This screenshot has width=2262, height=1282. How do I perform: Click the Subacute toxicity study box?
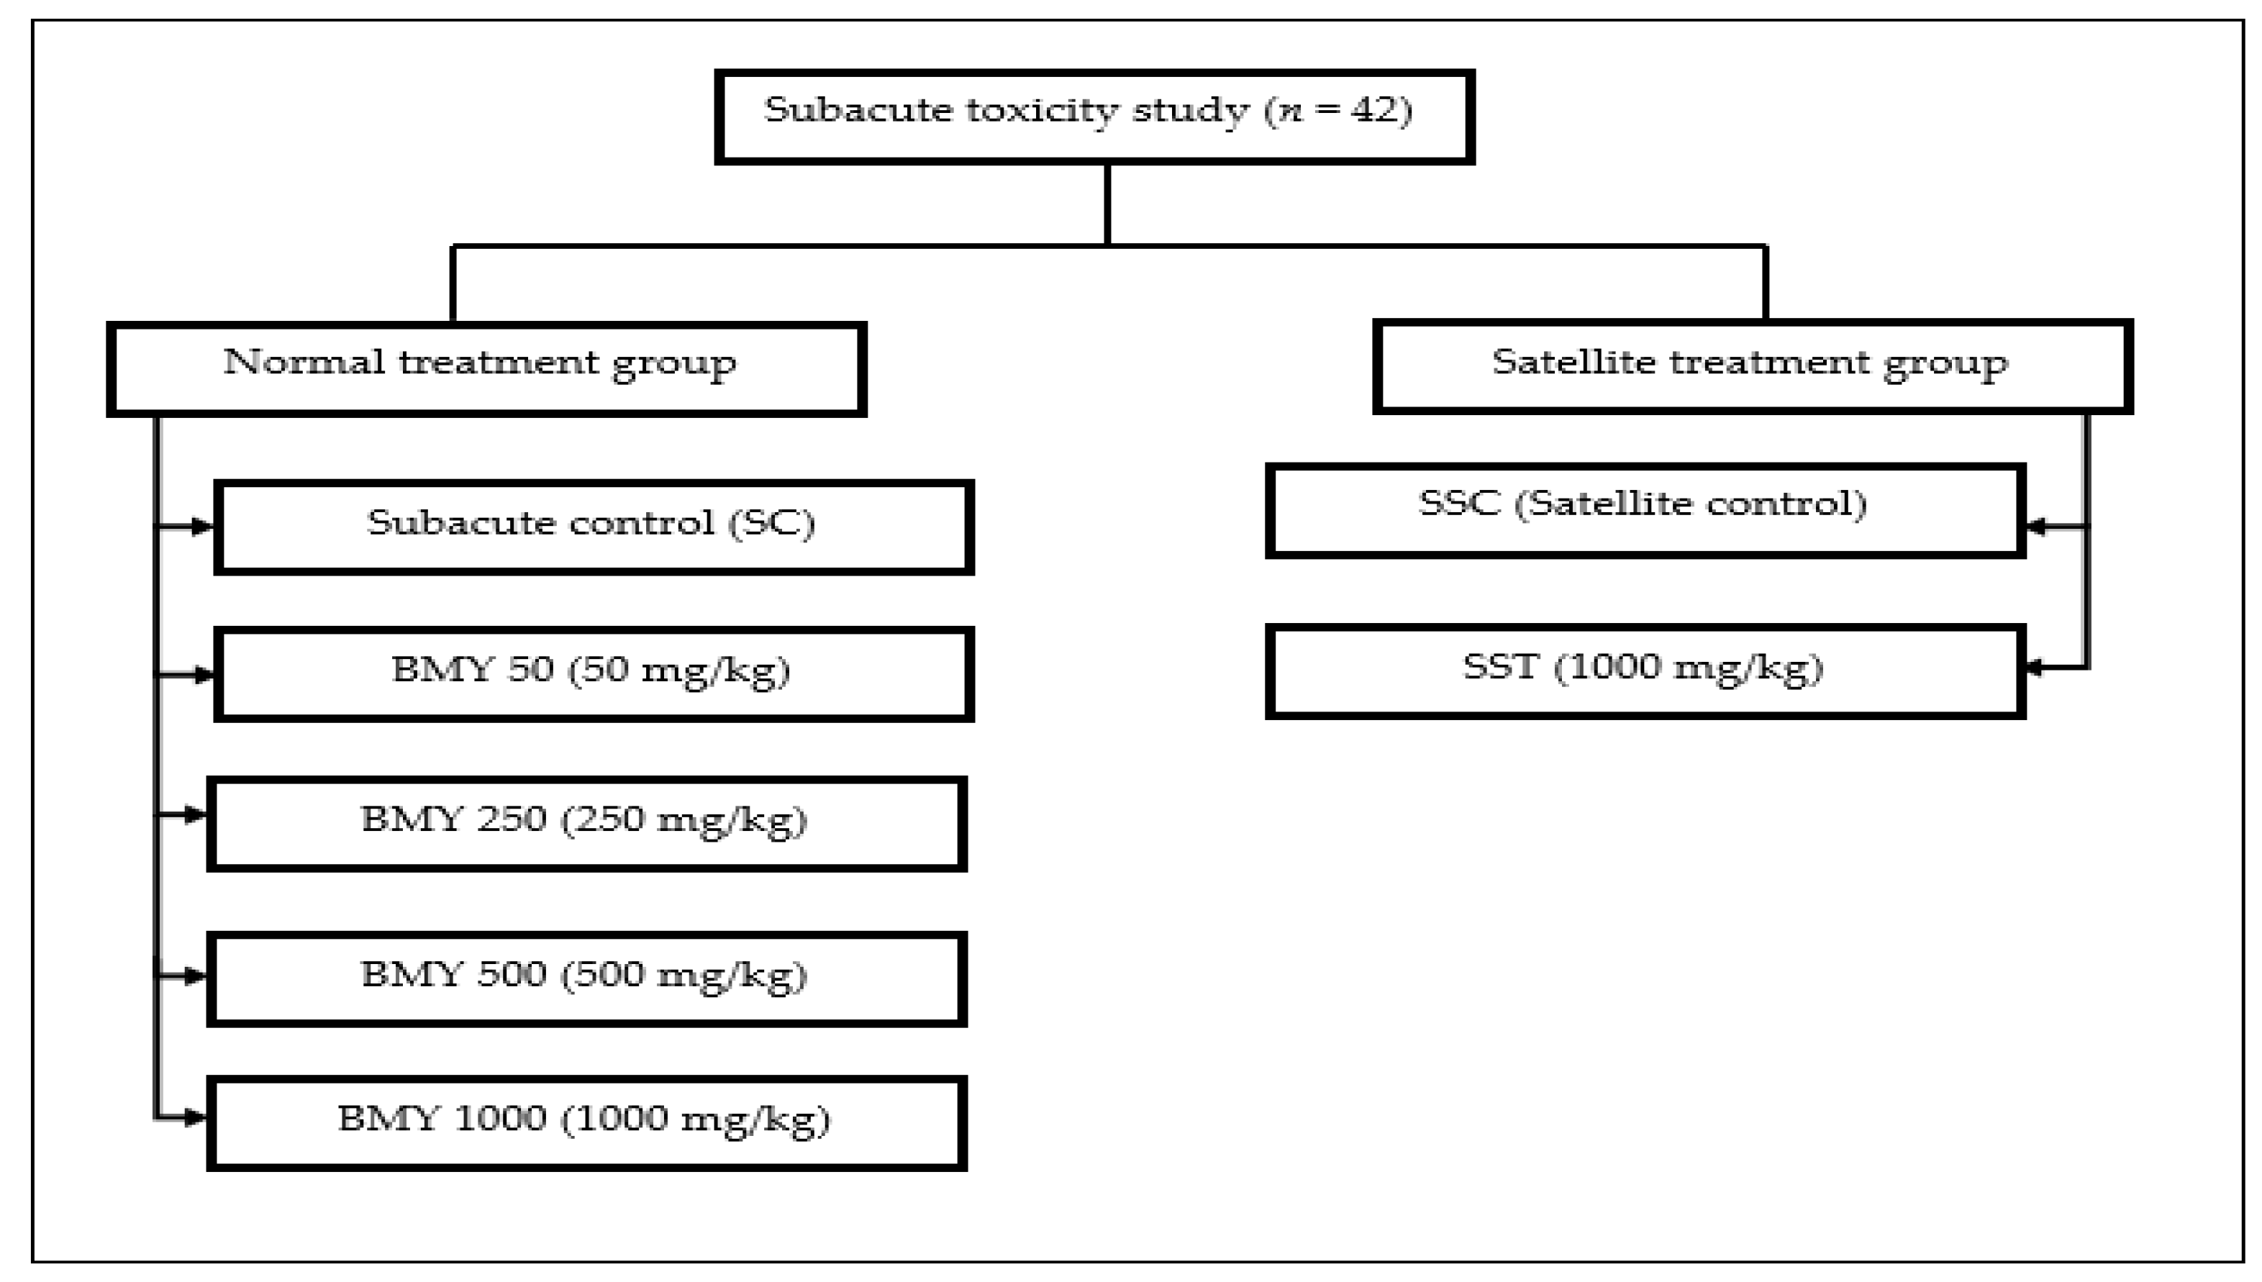(x=1094, y=117)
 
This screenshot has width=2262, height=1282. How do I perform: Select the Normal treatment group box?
(x=486, y=369)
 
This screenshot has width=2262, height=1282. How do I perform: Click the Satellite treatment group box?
(x=1751, y=366)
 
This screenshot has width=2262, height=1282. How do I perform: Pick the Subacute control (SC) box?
(x=594, y=527)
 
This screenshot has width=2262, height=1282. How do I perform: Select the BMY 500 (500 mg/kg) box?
(x=586, y=979)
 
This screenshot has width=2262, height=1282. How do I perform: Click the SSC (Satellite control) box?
(x=1645, y=511)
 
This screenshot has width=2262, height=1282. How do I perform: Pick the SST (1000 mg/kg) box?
(x=1645, y=672)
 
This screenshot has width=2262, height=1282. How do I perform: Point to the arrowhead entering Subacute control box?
(x=202, y=527)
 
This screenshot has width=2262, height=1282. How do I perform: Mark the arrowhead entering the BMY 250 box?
(x=196, y=815)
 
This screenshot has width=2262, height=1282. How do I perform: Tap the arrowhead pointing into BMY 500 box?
(x=196, y=976)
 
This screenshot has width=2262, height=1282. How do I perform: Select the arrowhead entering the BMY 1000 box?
(x=196, y=1118)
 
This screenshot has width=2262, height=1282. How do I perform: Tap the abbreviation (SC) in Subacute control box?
(x=771, y=523)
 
